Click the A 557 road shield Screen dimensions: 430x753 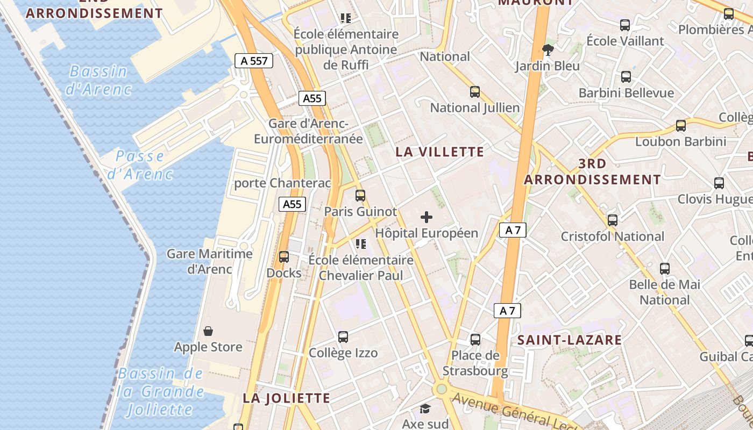tap(254, 61)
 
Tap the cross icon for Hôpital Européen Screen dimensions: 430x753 tap(427, 217)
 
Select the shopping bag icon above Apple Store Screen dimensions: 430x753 tap(208, 331)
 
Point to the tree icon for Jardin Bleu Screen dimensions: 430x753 tap(548, 50)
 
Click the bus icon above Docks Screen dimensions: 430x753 tap(284, 257)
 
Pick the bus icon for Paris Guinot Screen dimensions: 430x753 tap(360, 196)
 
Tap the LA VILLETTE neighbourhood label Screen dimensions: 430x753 tap(439, 152)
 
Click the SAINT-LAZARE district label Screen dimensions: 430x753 tap(570, 340)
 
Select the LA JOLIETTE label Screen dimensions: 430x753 tap(286, 398)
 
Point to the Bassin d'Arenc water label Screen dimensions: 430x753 tap(98, 80)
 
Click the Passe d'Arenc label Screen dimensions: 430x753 tap(140, 165)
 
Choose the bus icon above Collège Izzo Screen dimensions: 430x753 tap(343, 337)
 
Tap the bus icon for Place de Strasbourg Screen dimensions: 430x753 tap(475, 340)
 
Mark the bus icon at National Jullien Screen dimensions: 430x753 tap(475, 92)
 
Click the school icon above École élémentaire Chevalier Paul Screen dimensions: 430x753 tap(361, 244)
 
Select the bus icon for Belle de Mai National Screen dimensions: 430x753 tap(665, 268)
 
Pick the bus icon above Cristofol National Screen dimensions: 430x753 tap(613, 220)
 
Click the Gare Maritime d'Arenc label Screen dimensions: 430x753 tap(210, 261)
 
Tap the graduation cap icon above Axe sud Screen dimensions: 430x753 tap(425, 408)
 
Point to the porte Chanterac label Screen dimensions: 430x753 tap(282, 183)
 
